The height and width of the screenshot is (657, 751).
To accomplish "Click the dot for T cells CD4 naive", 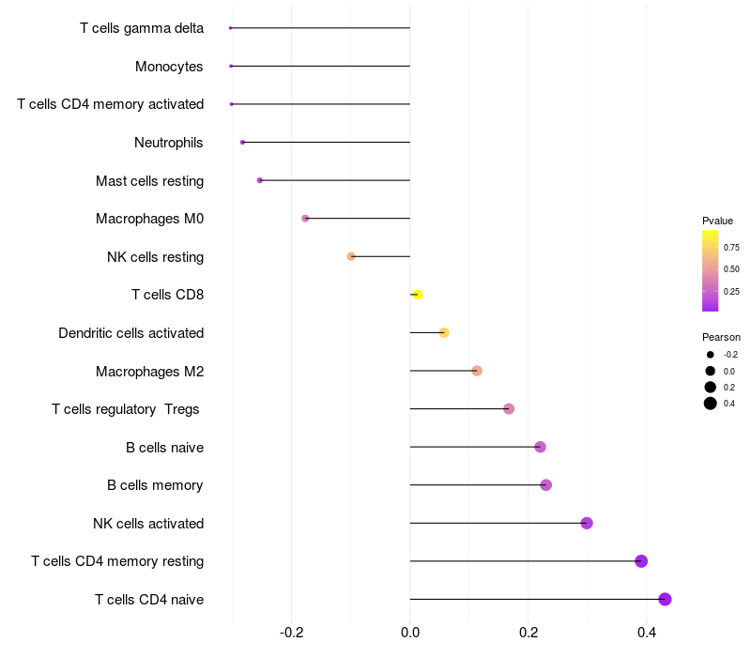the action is click(x=665, y=599).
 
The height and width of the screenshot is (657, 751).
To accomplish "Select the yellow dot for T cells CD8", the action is click(x=417, y=295).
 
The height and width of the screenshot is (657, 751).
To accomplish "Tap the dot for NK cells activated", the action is click(x=587, y=523).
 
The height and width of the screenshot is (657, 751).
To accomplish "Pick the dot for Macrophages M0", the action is click(x=305, y=219).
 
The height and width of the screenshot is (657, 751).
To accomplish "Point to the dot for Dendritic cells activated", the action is click(x=444, y=333).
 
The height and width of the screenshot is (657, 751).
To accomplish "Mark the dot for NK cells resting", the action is click(x=351, y=256).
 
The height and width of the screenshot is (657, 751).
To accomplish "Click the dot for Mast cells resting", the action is click(x=260, y=180).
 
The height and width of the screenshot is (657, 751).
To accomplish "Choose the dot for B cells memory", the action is click(x=546, y=485).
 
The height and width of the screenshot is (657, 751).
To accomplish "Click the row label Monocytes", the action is click(x=169, y=67).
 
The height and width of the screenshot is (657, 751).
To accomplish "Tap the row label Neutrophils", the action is click(x=169, y=143).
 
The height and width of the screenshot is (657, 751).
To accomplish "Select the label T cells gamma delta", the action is click(x=142, y=28).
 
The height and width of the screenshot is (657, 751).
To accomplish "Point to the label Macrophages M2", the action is click(x=150, y=372).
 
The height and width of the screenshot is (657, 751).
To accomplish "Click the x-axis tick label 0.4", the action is click(x=647, y=633).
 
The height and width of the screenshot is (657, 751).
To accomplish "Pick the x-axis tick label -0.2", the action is click(x=291, y=633).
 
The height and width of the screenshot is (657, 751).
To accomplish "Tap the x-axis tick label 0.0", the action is click(x=410, y=633).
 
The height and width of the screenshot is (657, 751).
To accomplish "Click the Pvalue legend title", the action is click(x=717, y=221).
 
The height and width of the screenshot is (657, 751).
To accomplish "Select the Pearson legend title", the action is click(x=721, y=337).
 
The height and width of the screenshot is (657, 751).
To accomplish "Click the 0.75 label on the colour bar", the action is click(x=731, y=248).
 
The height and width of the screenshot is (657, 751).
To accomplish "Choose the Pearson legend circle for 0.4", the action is click(x=711, y=404).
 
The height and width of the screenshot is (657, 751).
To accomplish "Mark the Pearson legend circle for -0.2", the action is click(x=711, y=355).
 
